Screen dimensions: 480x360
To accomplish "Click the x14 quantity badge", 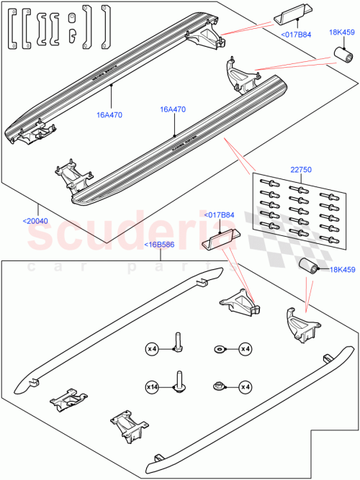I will point(152,386).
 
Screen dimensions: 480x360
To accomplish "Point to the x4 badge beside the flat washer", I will point(245,349).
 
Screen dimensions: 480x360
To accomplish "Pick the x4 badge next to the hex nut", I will point(245,386).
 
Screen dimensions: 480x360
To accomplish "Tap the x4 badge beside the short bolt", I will point(152,349).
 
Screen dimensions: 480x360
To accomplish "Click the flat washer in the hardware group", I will point(218,349).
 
